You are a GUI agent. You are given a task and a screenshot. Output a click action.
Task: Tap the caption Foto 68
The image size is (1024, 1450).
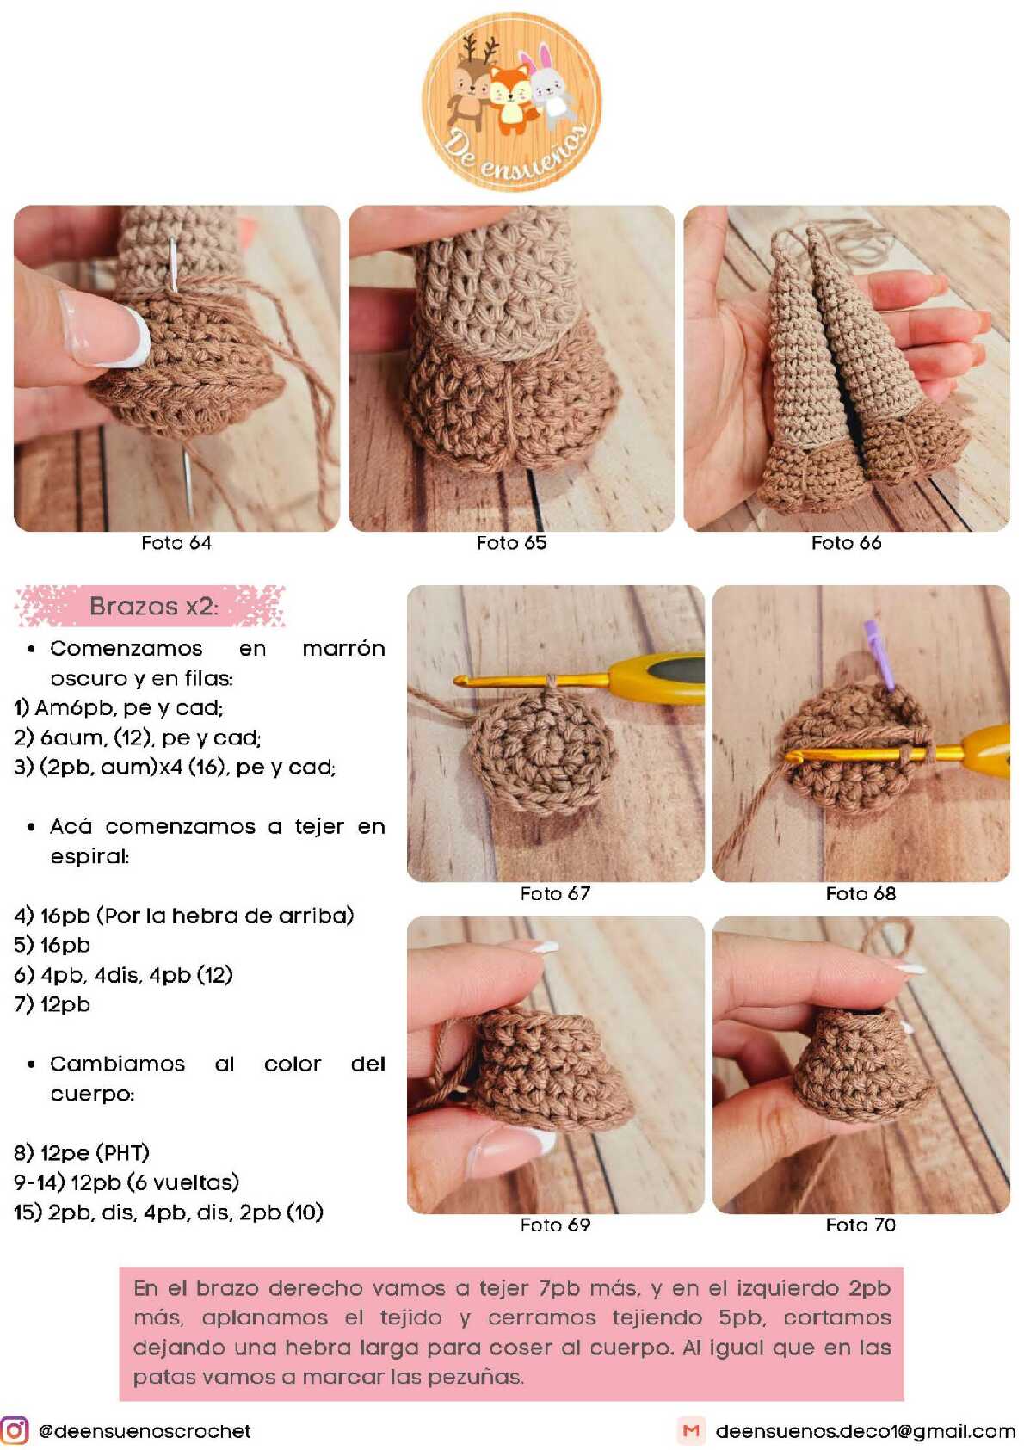(861, 893)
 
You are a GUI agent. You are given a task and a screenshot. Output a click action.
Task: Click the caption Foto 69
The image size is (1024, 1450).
(555, 1225)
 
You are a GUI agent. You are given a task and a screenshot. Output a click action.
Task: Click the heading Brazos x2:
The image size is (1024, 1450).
(153, 606)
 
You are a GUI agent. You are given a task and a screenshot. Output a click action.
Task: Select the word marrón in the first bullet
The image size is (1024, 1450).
(343, 648)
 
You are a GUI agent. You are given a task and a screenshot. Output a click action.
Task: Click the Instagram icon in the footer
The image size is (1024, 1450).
(15, 1430)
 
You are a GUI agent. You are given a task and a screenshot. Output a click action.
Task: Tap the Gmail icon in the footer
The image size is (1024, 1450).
(691, 1430)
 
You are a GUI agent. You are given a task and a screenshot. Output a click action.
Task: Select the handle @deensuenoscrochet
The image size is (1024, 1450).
(145, 1431)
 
